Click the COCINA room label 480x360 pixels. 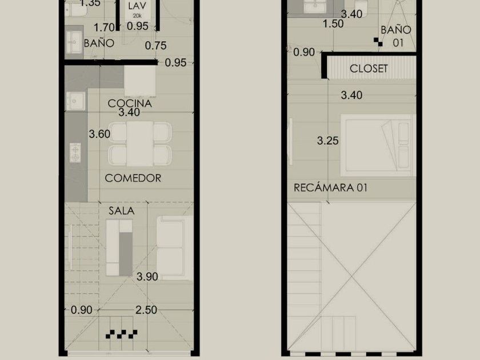point(130,103)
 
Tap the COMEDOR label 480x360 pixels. point(133,178)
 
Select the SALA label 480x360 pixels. point(122,211)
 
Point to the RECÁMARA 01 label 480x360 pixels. point(330,187)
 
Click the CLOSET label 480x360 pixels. point(369,69)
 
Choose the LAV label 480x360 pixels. point(137,6)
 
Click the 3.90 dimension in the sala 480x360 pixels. point(147,277)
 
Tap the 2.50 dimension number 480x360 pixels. point(146,310)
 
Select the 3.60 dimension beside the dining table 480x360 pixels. point(99,134)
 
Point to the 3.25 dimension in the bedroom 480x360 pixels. point(327,141)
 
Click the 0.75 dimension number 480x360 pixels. point(155,46)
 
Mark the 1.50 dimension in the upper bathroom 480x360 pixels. point(333,23)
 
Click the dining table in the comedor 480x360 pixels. point(139,143)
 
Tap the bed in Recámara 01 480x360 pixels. point(378,145)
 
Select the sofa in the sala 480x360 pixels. point(174,248)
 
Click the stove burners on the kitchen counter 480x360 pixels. point(75,153)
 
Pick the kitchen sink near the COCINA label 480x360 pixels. point(75,101)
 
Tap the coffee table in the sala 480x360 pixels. point(119,247)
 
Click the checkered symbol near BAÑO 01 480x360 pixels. point(378,42)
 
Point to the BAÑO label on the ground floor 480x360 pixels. point(99,43)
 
